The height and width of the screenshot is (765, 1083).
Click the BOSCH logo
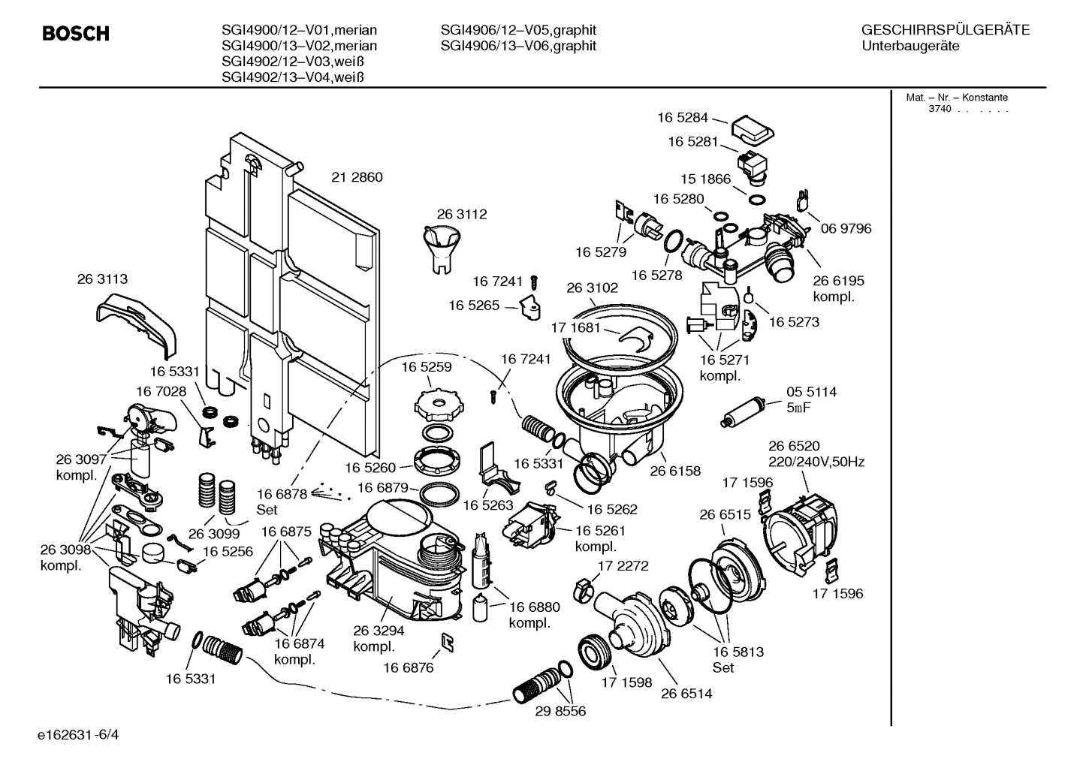[76, 34]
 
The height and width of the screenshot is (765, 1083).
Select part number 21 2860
[357, 178]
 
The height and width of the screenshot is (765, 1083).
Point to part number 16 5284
[682, 117]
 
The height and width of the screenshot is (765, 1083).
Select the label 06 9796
[846, 228]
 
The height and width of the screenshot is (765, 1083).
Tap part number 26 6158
[674, 471]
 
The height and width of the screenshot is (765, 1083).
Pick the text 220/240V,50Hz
[816, 462]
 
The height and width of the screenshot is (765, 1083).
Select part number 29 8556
[560, 711]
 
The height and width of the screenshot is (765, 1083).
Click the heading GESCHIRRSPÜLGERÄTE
[945, 30]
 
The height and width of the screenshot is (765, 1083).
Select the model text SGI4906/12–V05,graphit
[518, 30]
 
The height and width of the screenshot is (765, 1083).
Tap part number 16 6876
[408, 667]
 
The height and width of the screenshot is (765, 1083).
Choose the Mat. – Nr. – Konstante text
[956, 98]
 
